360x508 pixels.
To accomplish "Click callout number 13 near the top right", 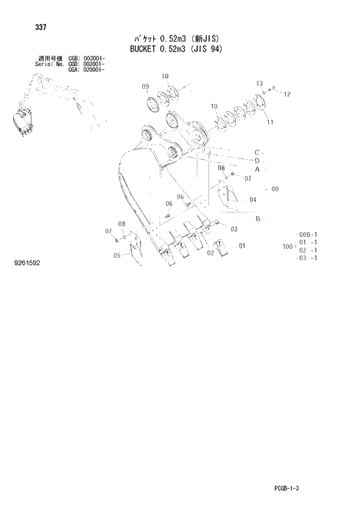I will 260,84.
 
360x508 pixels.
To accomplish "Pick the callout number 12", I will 287,94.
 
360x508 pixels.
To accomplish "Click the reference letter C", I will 256,152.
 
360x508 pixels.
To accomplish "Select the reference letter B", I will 257,218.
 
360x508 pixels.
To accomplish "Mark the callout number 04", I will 253,200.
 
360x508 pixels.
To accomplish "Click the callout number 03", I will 233,229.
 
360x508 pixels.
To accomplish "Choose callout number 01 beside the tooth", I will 242,246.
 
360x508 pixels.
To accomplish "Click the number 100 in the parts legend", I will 287,247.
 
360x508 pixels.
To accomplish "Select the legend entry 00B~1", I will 308,234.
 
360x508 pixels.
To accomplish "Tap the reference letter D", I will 257,160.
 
